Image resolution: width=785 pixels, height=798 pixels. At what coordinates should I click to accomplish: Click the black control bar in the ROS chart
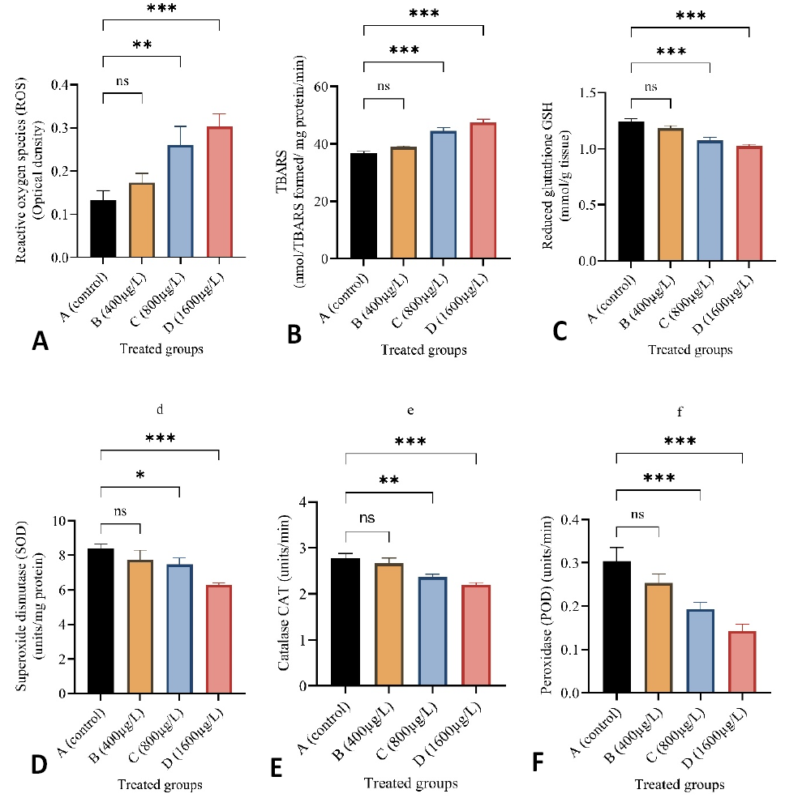tap(103, 228)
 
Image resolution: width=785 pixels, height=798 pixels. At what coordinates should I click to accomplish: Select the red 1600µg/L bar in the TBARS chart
tap(483, 191)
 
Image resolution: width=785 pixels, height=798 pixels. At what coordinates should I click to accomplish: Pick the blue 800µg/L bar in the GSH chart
tap(710, 201)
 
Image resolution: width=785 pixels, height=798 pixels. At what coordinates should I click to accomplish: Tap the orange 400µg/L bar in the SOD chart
tap(140, 626)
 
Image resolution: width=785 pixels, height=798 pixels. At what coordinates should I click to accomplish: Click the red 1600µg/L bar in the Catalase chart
tap(476, 636)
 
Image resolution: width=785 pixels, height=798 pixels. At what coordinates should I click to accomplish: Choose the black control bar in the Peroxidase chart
tap(616, 627)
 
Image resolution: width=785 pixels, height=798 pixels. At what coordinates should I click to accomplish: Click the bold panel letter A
tap(41, 341)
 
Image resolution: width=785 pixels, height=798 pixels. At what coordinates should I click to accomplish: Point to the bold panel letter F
tap(538, 763)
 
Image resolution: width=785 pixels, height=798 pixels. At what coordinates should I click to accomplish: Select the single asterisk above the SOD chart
tap(140, 476)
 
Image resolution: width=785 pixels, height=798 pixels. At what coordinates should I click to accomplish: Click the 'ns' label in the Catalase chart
tap(367, 518)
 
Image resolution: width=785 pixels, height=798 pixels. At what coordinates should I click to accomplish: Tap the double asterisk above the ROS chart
tap(142, 45)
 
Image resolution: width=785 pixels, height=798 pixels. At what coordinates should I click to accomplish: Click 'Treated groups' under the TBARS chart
tap(424, 350)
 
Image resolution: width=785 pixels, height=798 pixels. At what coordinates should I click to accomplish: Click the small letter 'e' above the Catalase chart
tap(410, 410)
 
